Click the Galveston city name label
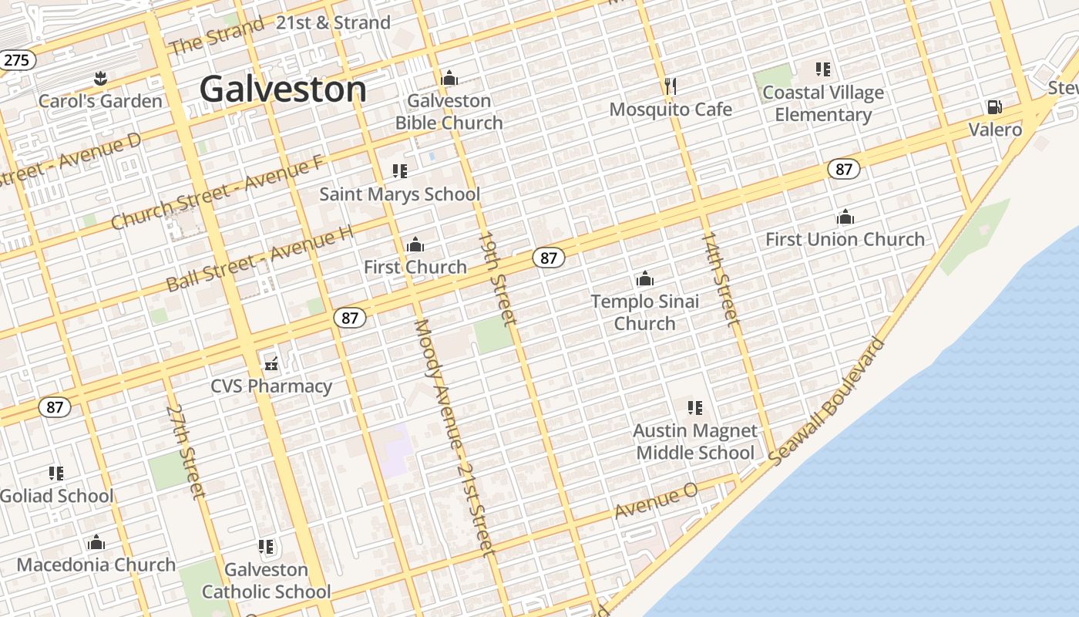283,89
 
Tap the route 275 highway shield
17,60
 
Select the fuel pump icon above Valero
994,107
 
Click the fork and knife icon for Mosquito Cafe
671,86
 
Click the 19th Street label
496,277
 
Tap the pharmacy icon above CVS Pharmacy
271,363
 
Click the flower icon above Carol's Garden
99,78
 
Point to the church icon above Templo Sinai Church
645,278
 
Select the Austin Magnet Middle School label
695,442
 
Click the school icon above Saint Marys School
399,171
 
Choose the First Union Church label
845,239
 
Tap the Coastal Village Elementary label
823,103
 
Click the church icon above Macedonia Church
96,543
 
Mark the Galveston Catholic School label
267,581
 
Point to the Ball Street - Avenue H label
260,258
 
